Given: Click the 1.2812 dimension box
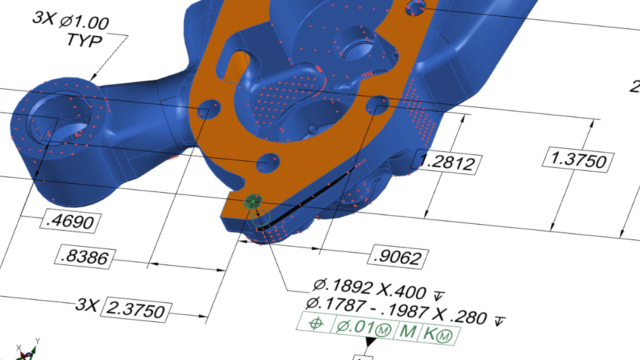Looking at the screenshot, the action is pos(446,162).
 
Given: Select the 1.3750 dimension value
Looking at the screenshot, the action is pos(578,160).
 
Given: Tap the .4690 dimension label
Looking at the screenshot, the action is pos(70,221).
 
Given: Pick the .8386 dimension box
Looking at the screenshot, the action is pos(85,257).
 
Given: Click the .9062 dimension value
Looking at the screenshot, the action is pos(398,257).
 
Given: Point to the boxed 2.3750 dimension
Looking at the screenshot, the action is pos(136,310).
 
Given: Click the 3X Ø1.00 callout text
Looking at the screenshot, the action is pos(71,20).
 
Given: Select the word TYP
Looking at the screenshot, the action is pos(84,40).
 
